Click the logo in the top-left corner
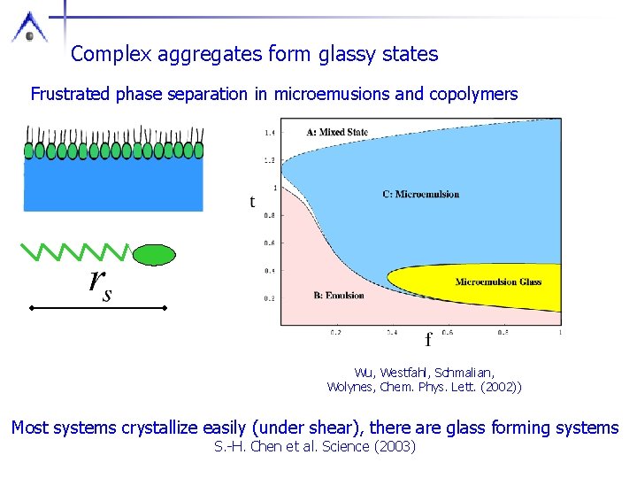[x=29, y=27]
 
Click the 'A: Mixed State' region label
[x=337, y=133]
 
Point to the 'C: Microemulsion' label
[x=421, y=195]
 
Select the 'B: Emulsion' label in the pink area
[x=339, y=295]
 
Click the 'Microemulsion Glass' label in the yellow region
[x=498, y=282]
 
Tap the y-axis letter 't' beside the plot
[x=252, y=202]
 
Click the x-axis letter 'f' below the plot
[x=429, y=339]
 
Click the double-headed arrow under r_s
[x=98, y=307]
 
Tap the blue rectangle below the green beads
[x=113, y=185]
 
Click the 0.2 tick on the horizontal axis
[x=336, y=333]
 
